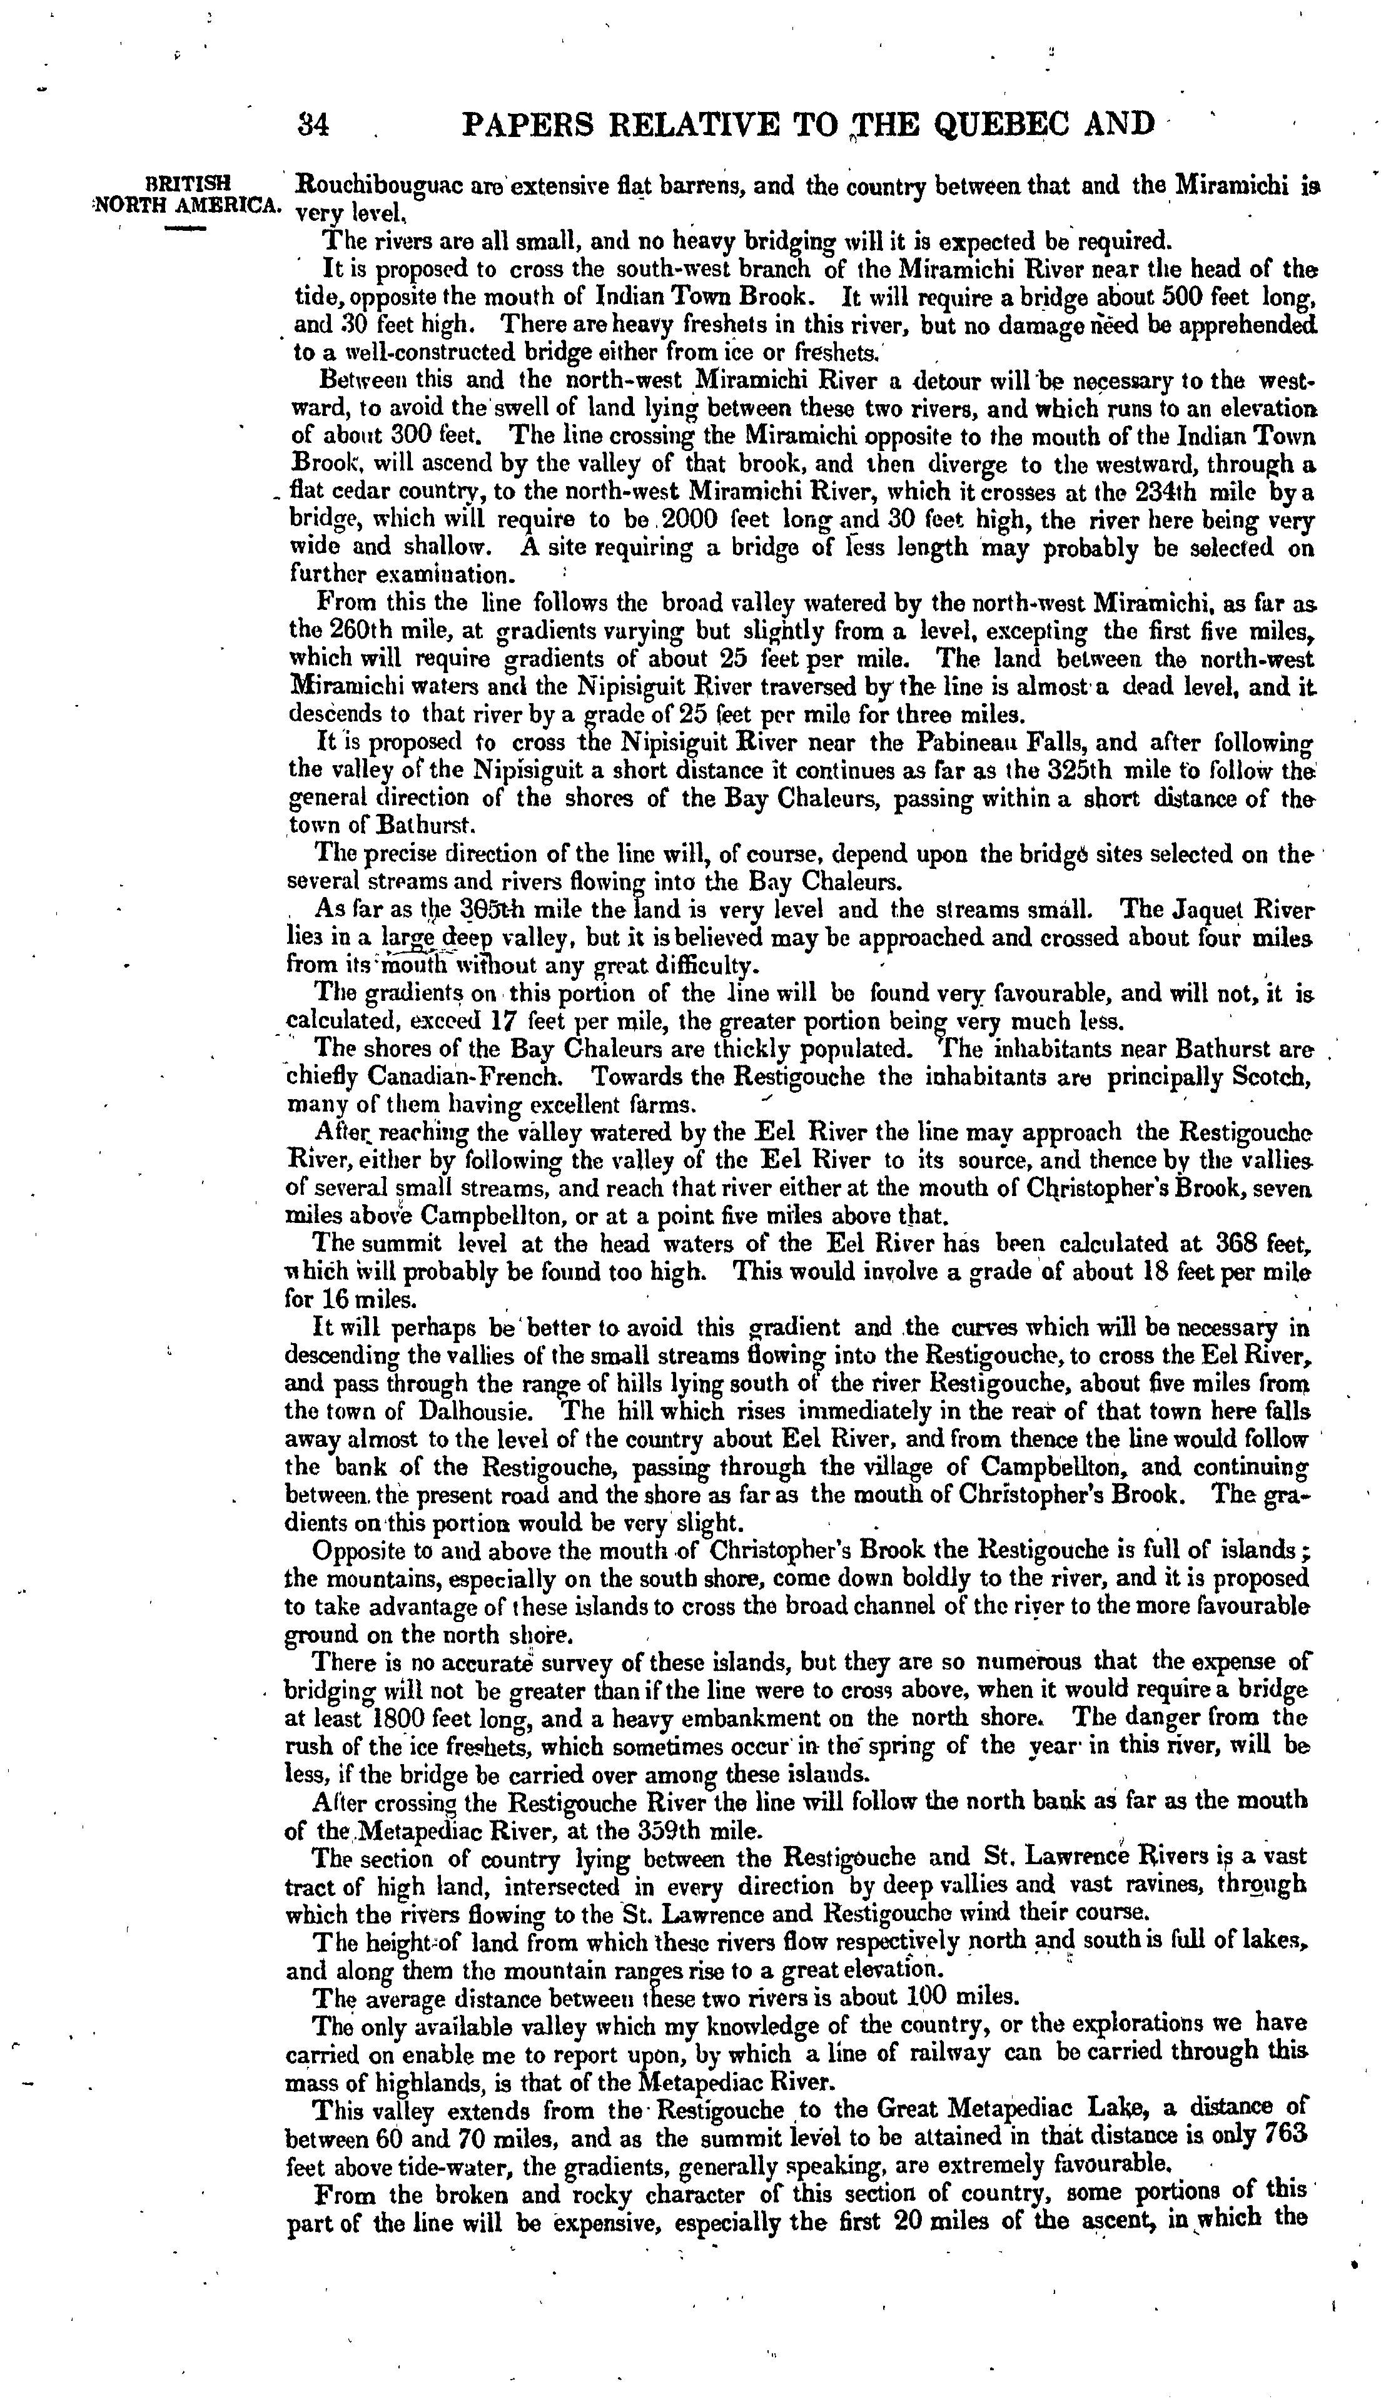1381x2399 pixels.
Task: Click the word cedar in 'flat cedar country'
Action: (365, 494)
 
